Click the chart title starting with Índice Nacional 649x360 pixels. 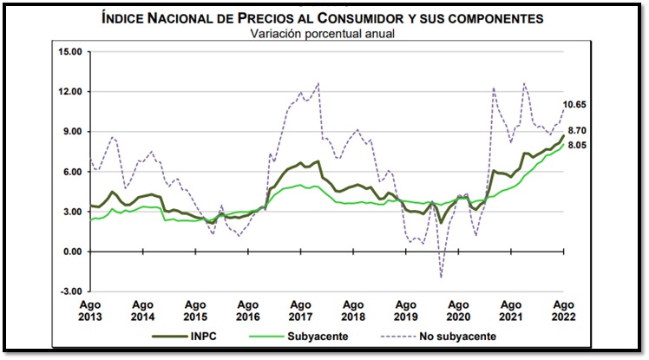pyautogui.click(x=323, y=18)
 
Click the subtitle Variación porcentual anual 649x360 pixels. pyautogui.click(x=323, y=34)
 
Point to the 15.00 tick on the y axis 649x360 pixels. pyautogui.click(x=69, y=52)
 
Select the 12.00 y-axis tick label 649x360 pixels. pyautogui.click(x=69, y=92)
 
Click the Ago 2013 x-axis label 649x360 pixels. pyautogui.click(x=89, y=311)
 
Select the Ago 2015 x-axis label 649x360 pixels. pyautogui.click(x=195, y=311)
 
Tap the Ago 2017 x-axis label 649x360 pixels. pyautogui.click(x=301, y=311)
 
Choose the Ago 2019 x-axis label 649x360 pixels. pyautogui.click(x=406, y=311)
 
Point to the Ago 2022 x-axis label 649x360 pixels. pyautogui.click(x=564, y=311)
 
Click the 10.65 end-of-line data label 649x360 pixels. pyautogui.click(x=576, y=105)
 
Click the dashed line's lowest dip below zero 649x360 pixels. pyautogui.click(x=441, y=278)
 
